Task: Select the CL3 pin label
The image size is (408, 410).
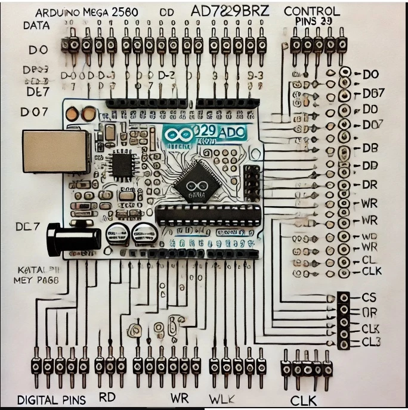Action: tap(370, 342)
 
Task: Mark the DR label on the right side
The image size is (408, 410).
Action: tap(370, 184)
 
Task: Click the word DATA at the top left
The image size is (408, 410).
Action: tap(36, 26)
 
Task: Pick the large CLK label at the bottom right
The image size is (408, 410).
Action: tap(305, 399)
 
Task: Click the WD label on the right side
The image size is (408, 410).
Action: tap(370, 237)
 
